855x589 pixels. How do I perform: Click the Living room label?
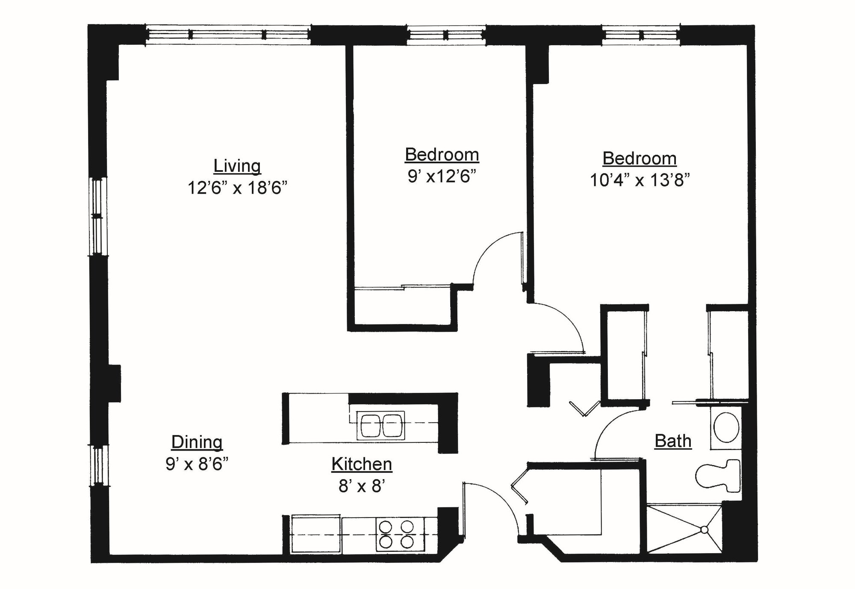click(x=237, y=166)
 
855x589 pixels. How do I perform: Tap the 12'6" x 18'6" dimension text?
click(x=237, y=188)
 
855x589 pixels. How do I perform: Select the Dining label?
click(x=197, y=442)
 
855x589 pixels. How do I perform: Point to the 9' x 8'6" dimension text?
click(x=197, y=464)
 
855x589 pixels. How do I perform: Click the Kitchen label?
click(x=362, y=464)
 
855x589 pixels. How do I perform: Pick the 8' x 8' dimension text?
click(x=362, y=486)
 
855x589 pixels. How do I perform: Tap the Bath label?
click(x=673, y=441)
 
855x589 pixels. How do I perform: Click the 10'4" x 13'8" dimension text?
click(x=640, y=180)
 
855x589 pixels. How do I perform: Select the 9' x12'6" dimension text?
click(x=442, y=176)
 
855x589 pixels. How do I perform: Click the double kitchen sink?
click(x=380, y=425)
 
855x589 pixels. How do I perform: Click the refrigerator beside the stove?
click(x=316, y=534)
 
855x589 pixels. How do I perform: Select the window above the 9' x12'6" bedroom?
click(x=446, y=35)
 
